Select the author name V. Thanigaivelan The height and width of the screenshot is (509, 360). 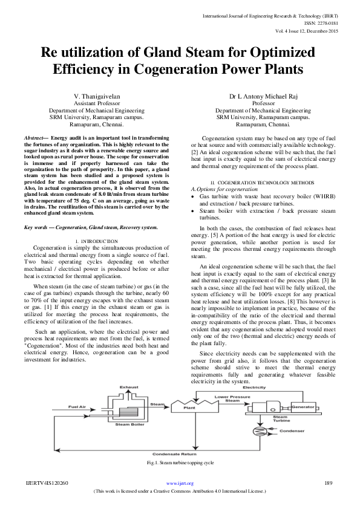coord(97,97)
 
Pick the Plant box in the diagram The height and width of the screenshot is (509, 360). coord(189,407)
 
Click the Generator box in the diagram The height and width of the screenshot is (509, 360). coord(303,407)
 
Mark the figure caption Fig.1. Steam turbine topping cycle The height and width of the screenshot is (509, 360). coord(180,463)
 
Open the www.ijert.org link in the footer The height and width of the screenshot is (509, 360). coord(180,483)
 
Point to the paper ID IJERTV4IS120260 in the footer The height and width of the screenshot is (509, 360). coord(47,483)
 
